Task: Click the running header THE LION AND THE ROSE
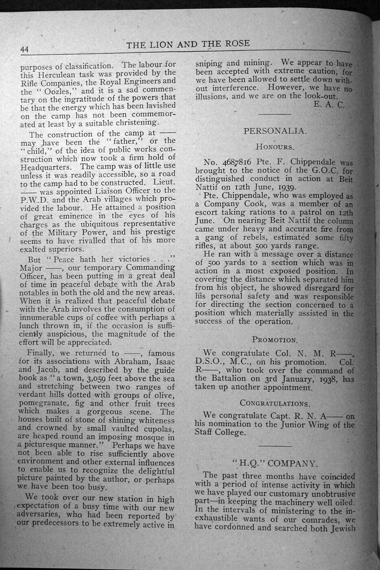[188, 44]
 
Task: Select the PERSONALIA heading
[275, 131]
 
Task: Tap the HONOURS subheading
[274, 146]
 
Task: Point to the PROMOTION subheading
[274, 340]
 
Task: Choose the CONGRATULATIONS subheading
[274, 403]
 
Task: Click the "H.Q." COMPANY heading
[274, 464]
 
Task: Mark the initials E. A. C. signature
[329, 105]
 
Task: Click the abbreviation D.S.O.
[210, 361]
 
